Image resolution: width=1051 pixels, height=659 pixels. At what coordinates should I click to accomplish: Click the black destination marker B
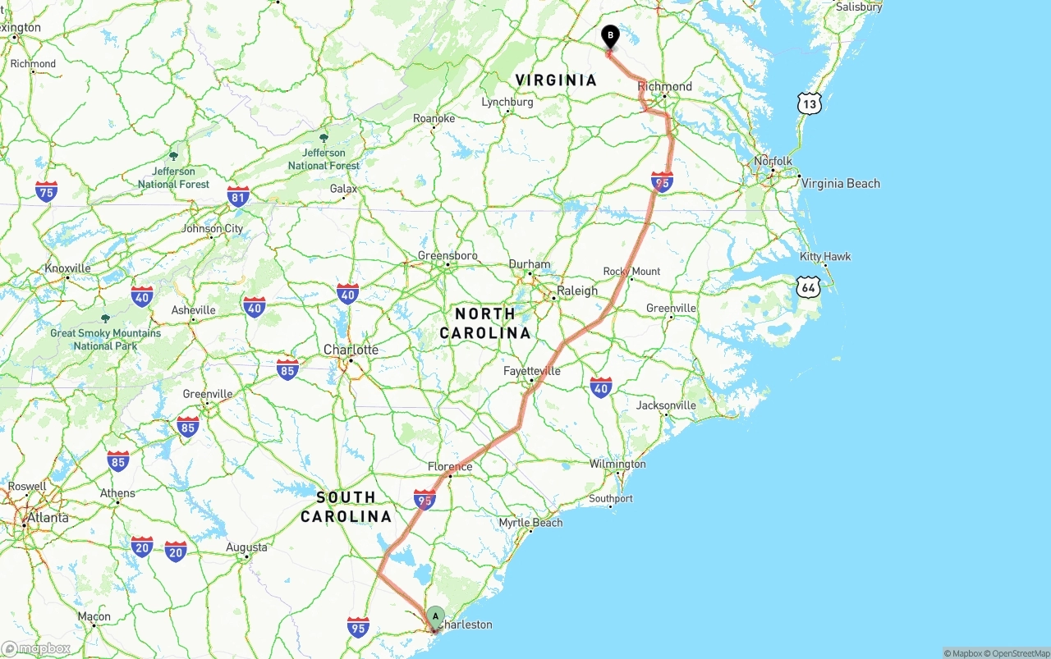pyautogui.click(x=610, y=36)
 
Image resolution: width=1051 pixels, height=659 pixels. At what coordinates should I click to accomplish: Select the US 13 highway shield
pyautogui.click(x=809, y=103)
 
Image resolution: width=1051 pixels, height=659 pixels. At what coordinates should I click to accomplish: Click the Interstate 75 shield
pyautogui.click(x=47, y=192)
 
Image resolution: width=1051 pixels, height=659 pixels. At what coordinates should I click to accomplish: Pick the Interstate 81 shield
pyautogui.click(x=238, y=196)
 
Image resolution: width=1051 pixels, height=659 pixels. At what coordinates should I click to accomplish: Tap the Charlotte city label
pyautogui.click(x=351, y=350)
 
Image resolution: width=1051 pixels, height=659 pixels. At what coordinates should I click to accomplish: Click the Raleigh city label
pyautogui.click(x=577, y=291)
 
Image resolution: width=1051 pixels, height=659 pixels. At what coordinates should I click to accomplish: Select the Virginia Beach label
pyautogui.click(x=840, y=183)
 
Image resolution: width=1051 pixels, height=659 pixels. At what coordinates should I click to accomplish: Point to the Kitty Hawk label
pyautogui.click(x=825, y=256)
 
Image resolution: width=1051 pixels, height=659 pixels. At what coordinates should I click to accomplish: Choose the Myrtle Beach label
pyautogui.click(x=530, y=522)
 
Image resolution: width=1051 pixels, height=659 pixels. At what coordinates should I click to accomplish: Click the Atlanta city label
pyautogui.click(x=48, y=518)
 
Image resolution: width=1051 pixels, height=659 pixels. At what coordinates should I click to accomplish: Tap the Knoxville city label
pyautogui.click(x=67, y=268)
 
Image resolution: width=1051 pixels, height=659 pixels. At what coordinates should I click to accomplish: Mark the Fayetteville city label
pyautogui.click(x=532, y=371)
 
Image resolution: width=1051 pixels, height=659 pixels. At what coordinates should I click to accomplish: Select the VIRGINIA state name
pyautogui.click(x=556, y=80)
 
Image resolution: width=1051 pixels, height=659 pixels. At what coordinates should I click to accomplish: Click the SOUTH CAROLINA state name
pyautogui.click(x=346, y=506)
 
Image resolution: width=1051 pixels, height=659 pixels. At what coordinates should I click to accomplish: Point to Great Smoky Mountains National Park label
pyautogui.click(x=105, y=339)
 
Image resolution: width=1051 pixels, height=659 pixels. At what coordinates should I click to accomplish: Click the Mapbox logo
pyautogui.click(x=36, y=648)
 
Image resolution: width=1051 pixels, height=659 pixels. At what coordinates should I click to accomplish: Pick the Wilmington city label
pyautogui.click(x=617, y=464)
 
